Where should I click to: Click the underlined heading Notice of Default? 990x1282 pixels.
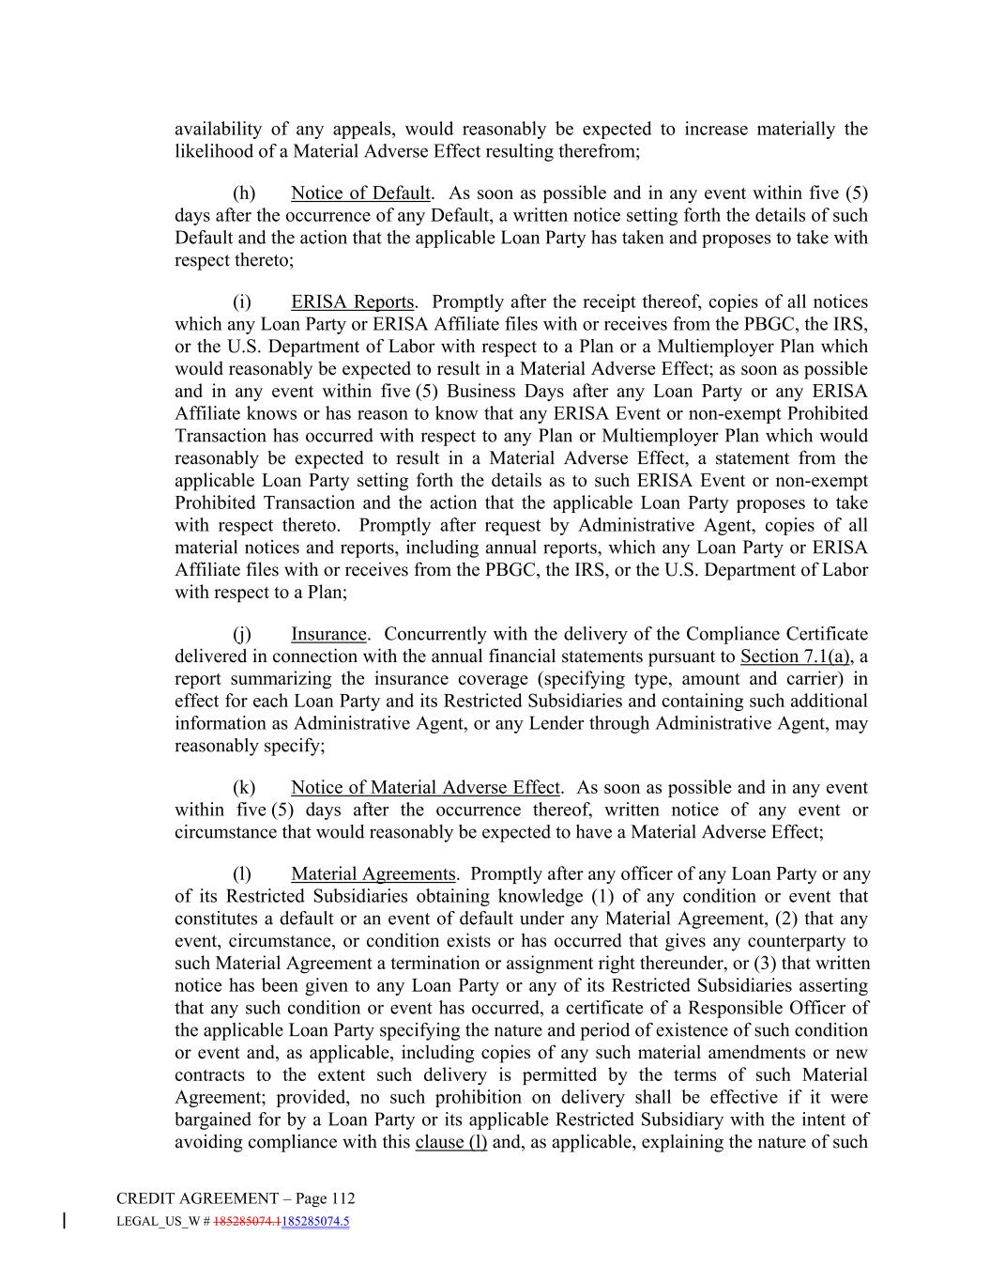click(359, 193)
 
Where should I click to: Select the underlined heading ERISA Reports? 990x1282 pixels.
click(352, 301)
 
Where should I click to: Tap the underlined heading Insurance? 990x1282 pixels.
click(327, 634)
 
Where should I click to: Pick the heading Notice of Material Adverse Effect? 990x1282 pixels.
click(425, 787)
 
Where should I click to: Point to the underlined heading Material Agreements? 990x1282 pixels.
click(373, 873)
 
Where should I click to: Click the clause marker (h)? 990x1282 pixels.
click(244, 193)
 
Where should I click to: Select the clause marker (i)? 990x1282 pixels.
click(242, 301)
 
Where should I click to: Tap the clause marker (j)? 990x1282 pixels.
click(242, 634)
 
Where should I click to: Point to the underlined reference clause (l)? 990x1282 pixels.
click(450, 1142)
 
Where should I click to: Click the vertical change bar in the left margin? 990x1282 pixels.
click(64, 1221)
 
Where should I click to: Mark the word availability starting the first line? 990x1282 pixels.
click(221, 129)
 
